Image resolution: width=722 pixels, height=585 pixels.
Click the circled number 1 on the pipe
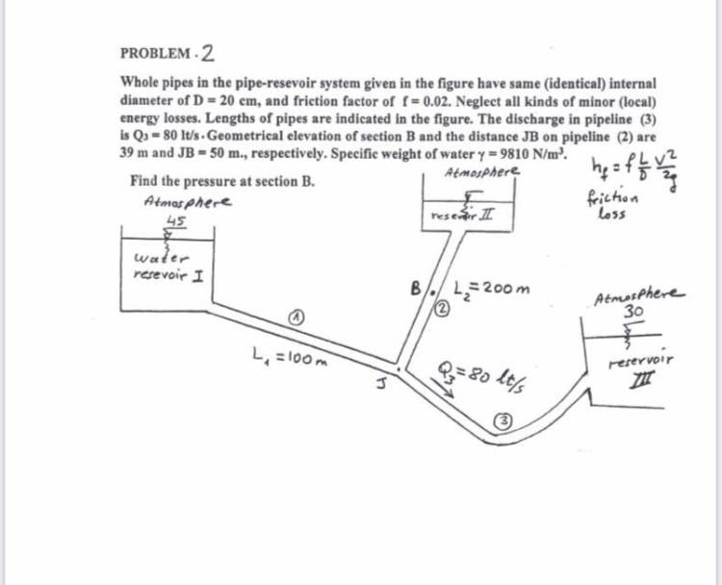tap(300, 319)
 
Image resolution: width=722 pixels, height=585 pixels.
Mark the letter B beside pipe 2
tap(415, 287)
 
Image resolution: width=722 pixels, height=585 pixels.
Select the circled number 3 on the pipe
tap(504, 420)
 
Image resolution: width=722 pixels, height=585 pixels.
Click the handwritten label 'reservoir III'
tap(634, 373)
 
